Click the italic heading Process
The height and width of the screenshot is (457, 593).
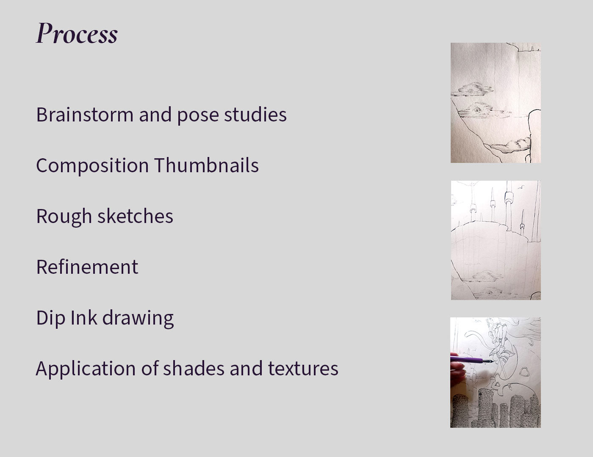coord(77,33)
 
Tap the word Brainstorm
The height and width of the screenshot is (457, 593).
coord(85,114)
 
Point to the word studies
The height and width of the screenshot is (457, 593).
coord(255,114)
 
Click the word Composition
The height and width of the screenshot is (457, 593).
coord(92,166)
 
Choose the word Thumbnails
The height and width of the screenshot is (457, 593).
coord(207,165)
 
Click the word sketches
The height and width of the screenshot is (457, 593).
coord(136,216)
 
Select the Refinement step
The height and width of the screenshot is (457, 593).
coord(87,267)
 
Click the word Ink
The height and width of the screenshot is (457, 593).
coord(84,317)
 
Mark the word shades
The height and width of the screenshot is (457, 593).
coord(194,368)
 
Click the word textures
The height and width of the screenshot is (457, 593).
coord(303,369)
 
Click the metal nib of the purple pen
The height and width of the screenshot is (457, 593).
coord(488,361)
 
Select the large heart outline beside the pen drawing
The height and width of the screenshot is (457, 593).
coord(524,372)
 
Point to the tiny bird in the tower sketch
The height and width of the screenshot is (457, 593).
coord(521,187)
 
